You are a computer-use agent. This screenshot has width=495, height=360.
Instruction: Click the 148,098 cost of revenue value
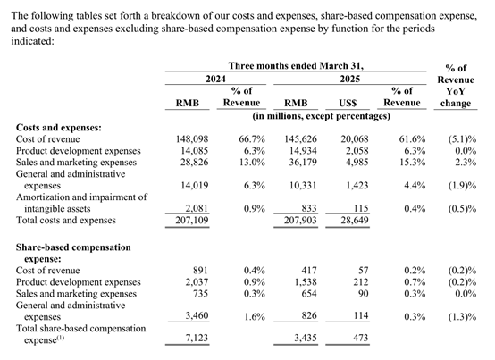coord(192,138)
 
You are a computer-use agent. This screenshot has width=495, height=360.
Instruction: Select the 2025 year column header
coord(349,79)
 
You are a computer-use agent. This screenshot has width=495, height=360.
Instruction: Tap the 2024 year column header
coord(215,79)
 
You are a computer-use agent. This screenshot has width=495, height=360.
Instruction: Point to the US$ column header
coord(348,103)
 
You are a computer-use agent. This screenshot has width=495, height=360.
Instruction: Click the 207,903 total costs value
coord(300,220)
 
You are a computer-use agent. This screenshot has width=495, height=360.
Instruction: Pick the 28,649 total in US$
coord(355,220)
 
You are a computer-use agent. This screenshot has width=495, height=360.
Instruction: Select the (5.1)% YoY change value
coord(462,139)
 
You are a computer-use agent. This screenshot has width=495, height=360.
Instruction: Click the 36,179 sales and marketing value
coord(303,163)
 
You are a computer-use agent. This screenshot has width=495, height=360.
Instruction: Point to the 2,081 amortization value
coord(197,208)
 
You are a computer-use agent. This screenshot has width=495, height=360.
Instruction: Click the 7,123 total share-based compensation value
coord(197,338)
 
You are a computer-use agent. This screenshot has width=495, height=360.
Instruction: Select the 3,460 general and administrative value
coord(197,315)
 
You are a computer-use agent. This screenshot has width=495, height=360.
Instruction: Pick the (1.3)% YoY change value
coord(462,317)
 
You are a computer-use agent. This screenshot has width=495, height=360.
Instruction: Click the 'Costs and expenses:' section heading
coord(59,128)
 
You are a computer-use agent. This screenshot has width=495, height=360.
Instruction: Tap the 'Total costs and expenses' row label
coord(66,220)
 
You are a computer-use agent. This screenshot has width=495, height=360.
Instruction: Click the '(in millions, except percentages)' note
coord(321,116)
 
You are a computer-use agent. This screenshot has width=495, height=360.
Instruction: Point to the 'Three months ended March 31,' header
coord(296,65)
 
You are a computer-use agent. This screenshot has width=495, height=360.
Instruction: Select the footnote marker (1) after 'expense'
coord(61,339)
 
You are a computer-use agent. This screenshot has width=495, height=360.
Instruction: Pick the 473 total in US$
coord(361,338)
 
